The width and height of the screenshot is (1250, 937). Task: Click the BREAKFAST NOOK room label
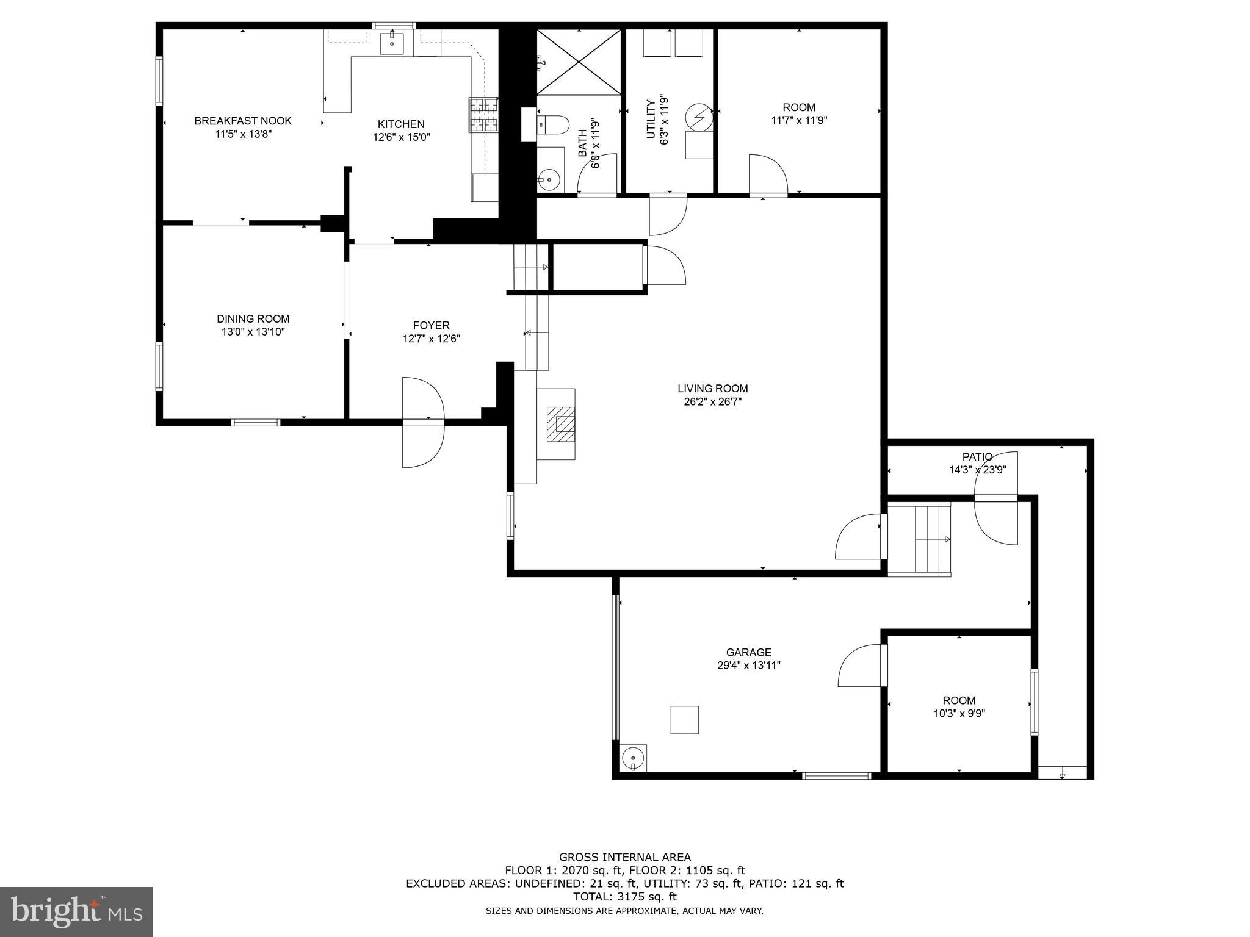[x=243, y=121]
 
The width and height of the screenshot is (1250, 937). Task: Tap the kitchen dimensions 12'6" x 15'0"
[x=402, y=138]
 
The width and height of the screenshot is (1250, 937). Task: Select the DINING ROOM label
[x=253, y=318]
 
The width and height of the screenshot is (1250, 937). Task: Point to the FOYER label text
[x=431, y=325]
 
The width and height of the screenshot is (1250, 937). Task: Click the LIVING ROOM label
[x=712, y=388]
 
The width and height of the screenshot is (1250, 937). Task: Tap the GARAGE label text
[x=748, y=652]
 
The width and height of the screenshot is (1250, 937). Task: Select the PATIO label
[x=977, y=456]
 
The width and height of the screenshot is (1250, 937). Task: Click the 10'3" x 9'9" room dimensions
[x=959, y=714]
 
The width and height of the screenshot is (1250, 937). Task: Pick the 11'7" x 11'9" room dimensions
[x=799, y=121]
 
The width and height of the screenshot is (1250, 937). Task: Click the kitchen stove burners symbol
[x=483, y=115]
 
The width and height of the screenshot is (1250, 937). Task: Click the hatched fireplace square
[x=561, y=424]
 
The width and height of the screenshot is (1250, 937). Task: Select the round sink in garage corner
[x=633, y=758]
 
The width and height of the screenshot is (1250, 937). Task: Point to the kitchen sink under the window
[x=391, y=43]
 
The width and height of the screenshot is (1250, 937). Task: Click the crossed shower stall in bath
[x=578, y=61]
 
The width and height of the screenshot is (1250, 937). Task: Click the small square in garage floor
[x=684, y=720]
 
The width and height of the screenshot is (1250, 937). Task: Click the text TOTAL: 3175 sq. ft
[x=624, y=897]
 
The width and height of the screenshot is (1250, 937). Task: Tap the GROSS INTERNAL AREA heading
[x=624, y=857]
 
